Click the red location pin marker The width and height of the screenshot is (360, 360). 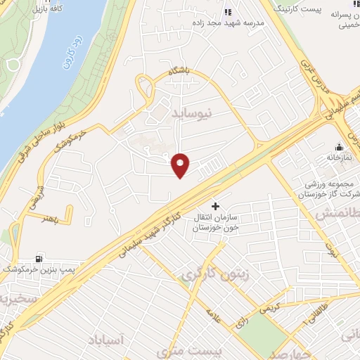181,165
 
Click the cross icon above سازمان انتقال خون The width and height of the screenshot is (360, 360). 214,206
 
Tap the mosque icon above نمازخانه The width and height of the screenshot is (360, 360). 340,147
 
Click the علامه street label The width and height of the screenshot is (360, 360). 214,318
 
